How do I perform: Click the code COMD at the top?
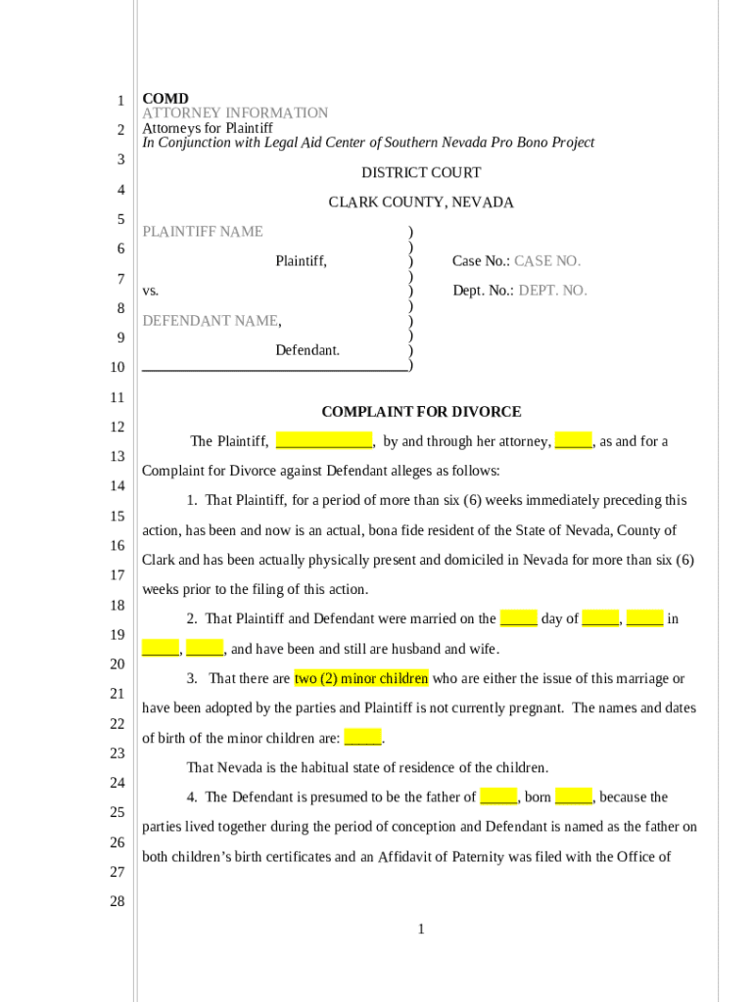pyautogui.click(x=165, y=99)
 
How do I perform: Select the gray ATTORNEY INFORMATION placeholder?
pyautogui.click(x=235, y=114)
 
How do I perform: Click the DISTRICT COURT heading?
pyautogui.click(x=421, y=173)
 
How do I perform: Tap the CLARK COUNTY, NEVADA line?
pyautogui.click(x=421, y=203)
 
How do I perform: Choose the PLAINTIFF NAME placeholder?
pyautogui.click(x=203, y=232)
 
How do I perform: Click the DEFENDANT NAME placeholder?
pyautogui.click(x=211, y=321)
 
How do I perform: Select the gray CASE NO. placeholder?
pyautogui.click(x=547, y=261)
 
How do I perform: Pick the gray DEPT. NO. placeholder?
pyautogui.click(x=552, y=291)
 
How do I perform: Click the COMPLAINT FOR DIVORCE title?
pyautogui.click(x=421, y=412)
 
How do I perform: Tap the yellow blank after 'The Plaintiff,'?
pyautogui.click(x=324, y=441)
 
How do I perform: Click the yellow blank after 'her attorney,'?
pyautogui.click(x=574, y=441)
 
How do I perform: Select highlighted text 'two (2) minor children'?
pyautogui.click(x=361, y=678)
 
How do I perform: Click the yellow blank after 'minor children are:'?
pyautogui.click(x=362, y=738)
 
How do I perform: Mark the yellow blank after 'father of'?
pyautogui.click(x=498, y=797)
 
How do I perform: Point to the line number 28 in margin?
pyautogui.click(x=117, y=901)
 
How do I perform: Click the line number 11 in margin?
pyautogui.click(x=117, y=397)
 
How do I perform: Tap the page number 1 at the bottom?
pyautogui.click(x=421, y=929)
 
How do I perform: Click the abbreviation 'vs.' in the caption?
pyautogui.click(x=151, y=291)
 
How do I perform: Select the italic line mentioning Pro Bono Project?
pyautogui.click(x=368, y=143)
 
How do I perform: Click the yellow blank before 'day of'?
pyautogui.click(x=518, y=618)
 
